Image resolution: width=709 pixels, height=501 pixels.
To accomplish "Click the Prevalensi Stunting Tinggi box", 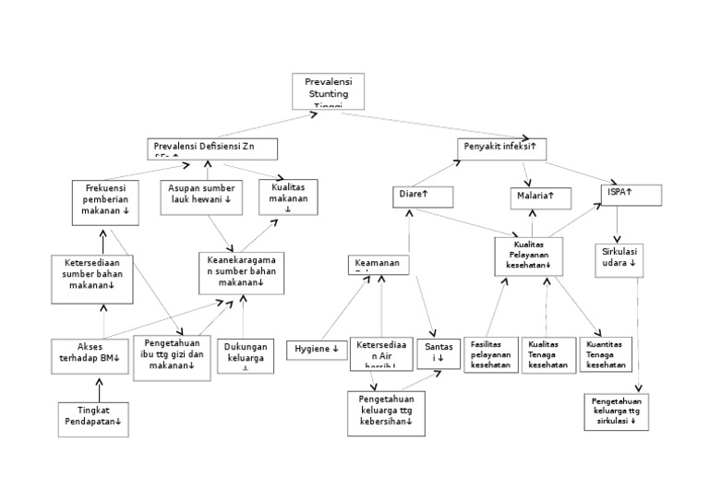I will [328, 91].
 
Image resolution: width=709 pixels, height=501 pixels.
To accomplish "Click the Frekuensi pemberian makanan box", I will [106, 202].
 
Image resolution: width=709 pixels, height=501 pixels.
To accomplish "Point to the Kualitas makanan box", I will [287, 197].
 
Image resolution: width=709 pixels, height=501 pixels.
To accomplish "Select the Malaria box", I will [541, 197].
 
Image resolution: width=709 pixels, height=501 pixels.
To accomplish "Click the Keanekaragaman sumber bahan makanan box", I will [241, 273].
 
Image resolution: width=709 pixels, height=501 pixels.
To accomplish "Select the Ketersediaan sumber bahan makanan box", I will [90, 278].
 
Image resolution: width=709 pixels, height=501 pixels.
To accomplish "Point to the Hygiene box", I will [317, 350].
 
